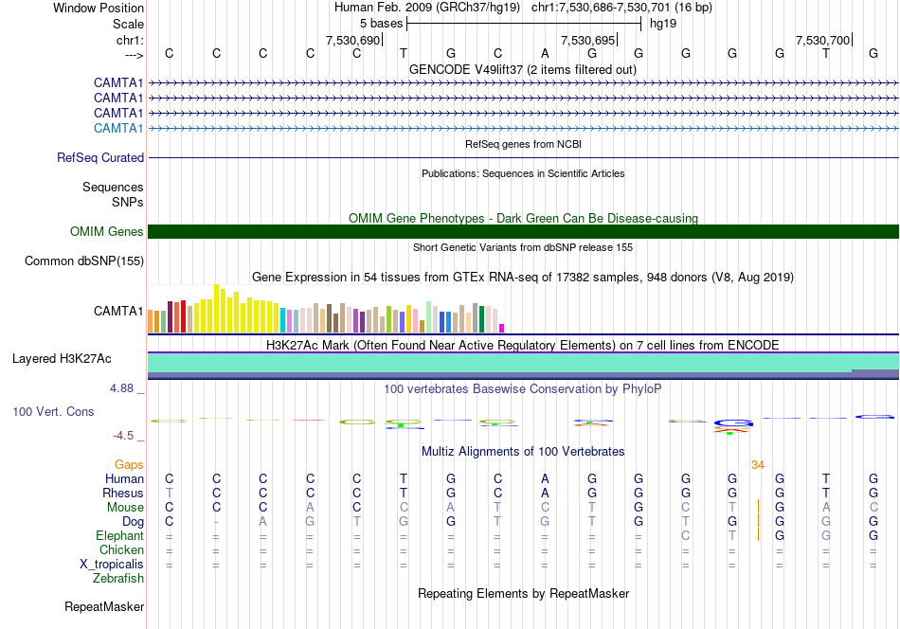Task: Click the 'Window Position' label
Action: click(99, 8)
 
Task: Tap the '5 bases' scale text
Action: click(381, 24)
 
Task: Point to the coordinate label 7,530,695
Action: click(587, 40)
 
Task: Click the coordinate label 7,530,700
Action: click(822, 40)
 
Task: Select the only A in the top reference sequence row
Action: click(545, 53)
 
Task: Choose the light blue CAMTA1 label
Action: click(118, 128)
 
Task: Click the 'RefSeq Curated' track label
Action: click(100, 158)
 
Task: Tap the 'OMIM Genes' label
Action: click(107, 231)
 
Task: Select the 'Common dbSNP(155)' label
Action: click(84, 261)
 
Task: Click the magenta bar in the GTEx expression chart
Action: click(502, 329)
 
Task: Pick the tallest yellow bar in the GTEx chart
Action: click(216, 308)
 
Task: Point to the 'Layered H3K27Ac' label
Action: click(62, 359)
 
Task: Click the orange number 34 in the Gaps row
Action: click(758, 465)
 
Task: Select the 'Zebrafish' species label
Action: click(118, 579)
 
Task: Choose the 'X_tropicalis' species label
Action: click(112, 565)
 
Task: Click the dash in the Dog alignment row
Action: click(216, 522)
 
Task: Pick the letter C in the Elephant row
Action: click(685, 535)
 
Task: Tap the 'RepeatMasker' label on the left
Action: click(104, 606)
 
